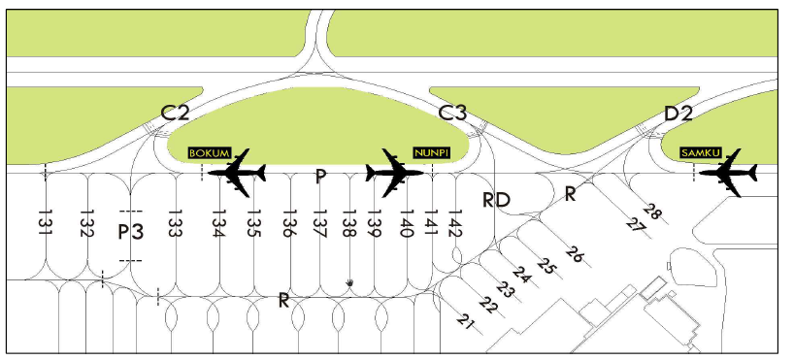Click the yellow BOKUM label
210,153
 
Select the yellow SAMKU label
699,153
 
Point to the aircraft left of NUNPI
394,174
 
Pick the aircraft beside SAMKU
730,174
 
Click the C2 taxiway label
175,113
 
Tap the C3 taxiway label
453,113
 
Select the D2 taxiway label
678,114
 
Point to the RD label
497,200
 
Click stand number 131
45,223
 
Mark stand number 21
465,321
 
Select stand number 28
652,213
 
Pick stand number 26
575,255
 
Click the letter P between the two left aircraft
321,176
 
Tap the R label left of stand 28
571,194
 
